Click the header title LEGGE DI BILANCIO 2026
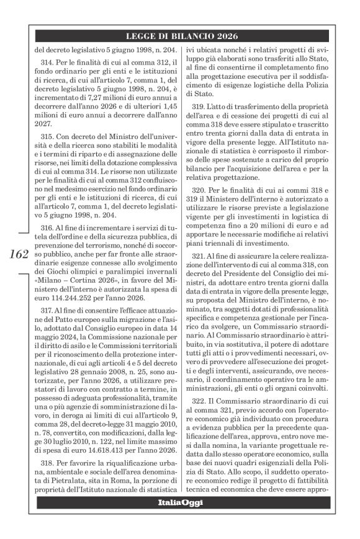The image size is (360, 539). pyautogui.click(x=186, y=37)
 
